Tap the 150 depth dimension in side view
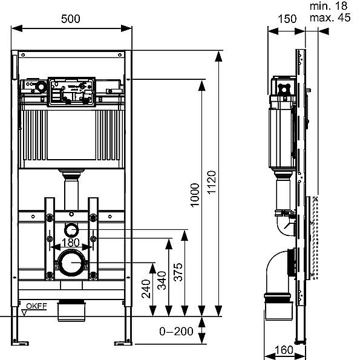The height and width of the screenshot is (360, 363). (x=288, y=19)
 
